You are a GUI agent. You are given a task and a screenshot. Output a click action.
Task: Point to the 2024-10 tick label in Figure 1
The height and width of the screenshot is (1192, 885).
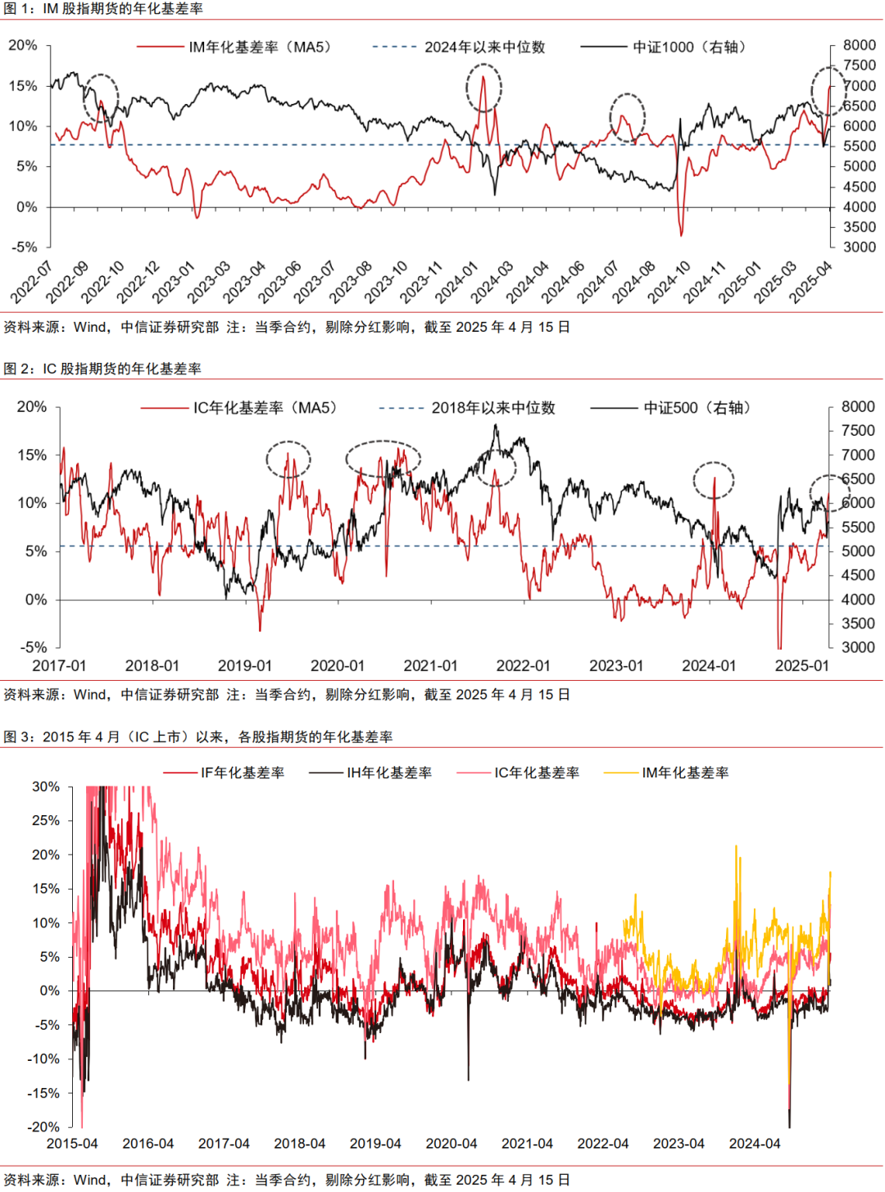(x=670, y=281)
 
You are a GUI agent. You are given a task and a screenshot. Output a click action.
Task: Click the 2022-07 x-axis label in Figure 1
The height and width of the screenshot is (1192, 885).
(x=31, y=281)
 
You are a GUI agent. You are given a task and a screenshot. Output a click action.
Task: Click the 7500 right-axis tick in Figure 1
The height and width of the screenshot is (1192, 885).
(x=859, y=66)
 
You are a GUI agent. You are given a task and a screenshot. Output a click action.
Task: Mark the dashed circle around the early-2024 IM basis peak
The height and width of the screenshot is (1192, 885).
(x=483, y=88)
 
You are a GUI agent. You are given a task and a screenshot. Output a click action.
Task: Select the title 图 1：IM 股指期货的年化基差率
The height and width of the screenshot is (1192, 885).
(x=103, y=9)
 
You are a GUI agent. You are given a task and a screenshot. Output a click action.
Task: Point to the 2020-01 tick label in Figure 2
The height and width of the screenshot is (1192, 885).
(x=338, y=666)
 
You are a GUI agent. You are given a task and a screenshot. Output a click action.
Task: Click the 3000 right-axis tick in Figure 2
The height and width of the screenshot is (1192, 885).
(x=858, y=647)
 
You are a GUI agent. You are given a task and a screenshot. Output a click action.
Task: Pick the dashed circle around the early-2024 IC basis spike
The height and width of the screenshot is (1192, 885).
(x=713, y=479)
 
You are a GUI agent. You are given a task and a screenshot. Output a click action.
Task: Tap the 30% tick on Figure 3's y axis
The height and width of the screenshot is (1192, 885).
(x=46, y=786)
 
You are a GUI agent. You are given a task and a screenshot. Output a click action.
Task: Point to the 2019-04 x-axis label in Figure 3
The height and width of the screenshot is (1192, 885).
(x=375, y=1144)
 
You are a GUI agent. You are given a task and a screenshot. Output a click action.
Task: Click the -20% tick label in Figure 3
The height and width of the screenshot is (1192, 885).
(x=43, y=1127)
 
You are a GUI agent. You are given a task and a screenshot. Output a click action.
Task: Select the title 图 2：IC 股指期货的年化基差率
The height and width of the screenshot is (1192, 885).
(x=102, y=369)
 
